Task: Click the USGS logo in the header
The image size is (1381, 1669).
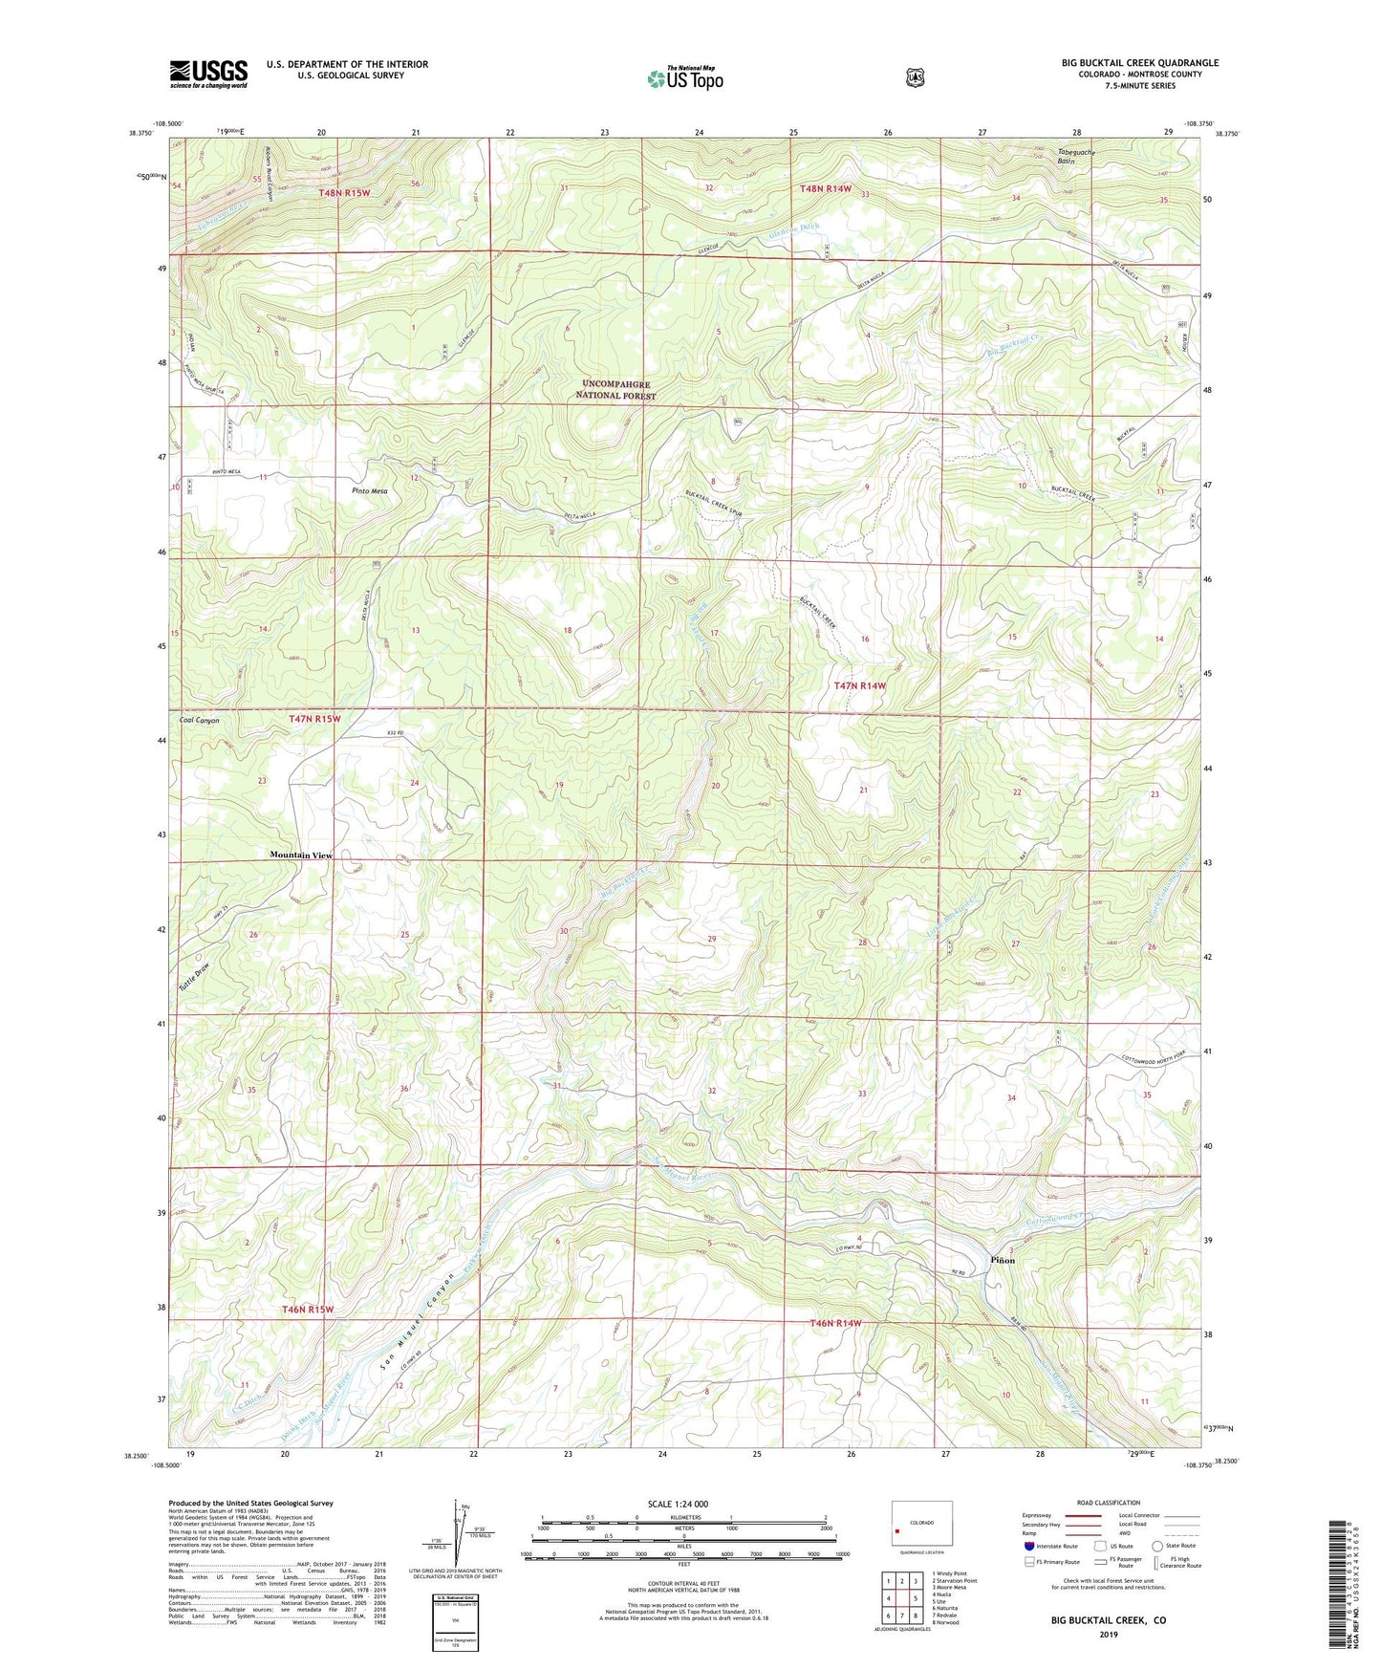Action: click(208, 74)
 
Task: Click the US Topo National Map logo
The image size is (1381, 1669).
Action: click(684, 77)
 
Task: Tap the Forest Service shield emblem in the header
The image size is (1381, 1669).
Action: click(915, 77)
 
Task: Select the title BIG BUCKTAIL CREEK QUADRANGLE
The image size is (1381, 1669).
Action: click(1139, 63)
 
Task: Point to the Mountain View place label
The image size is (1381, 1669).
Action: click(301, 855)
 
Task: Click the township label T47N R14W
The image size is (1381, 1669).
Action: click(859, 685)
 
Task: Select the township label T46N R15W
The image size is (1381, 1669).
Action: click(308, 1309)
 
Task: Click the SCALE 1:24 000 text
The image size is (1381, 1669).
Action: click(678, 1504)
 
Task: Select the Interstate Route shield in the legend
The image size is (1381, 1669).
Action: click(1029, 1546)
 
